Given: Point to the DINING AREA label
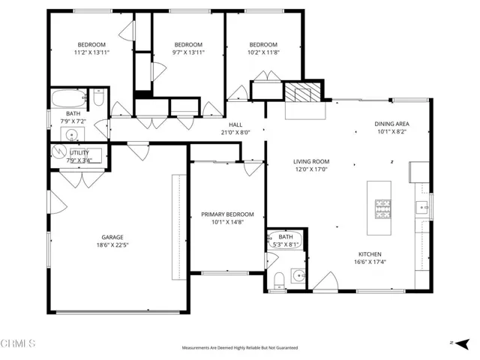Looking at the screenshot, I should [391, 124].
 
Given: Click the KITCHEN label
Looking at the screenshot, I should [370, 254].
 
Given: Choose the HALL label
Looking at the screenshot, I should [235, 125].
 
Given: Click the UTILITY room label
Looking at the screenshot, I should [79, 152].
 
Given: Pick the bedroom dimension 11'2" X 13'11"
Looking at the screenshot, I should [91, 52].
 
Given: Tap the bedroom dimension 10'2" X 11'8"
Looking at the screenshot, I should [263, 52].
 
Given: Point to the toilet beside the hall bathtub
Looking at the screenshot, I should [98, 97].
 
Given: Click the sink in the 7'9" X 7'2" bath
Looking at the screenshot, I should [72, 136].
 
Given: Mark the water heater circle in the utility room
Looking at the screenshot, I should [58, 151].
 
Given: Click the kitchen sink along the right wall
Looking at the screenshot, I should [422, 208].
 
